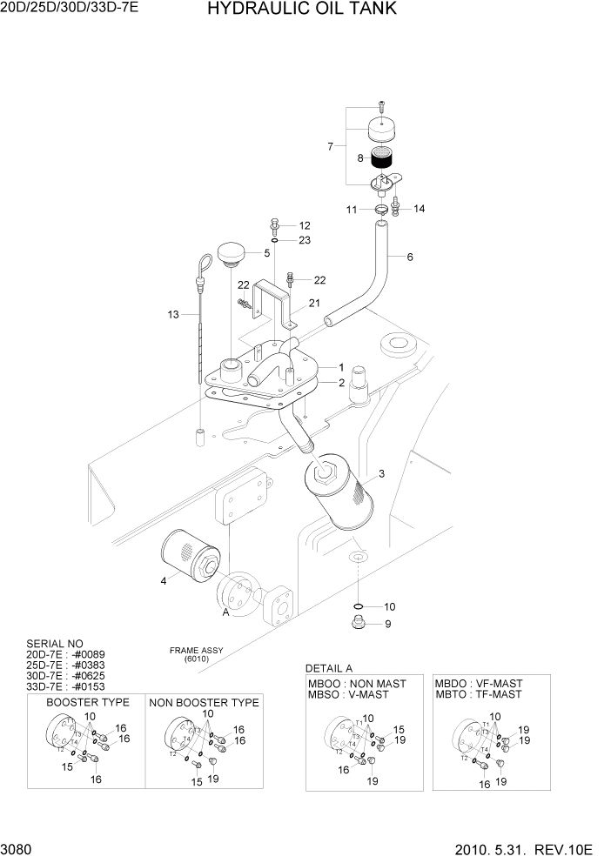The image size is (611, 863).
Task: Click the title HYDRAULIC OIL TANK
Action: click(x=291, y=10)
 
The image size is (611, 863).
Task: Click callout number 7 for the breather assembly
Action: click(x=330, y=146)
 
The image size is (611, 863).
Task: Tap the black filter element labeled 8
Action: click(x=382, y=159)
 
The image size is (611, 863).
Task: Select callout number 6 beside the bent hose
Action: click(x=410, y=257)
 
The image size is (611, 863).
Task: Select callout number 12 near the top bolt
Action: click(x=305, y=225)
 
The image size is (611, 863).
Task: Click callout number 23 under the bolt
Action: click(x=305, y=240)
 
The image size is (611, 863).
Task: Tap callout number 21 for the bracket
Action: click(x=314, y=303)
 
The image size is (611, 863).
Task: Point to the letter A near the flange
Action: click(x=226, y=612)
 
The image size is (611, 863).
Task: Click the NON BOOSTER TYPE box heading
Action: click(x=204, y=702)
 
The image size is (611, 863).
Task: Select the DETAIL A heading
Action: click(x=329, y=668)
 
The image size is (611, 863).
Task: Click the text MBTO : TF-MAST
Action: click(x=478, y=694)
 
